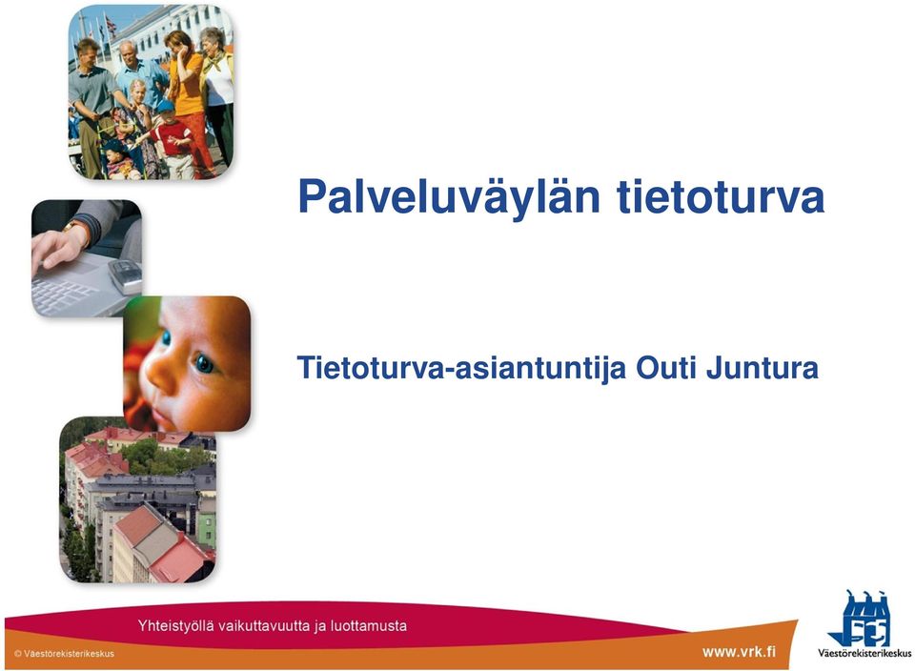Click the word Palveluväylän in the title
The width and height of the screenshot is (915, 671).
449,197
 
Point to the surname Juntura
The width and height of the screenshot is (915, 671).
762,368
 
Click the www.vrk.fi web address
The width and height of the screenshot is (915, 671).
739,651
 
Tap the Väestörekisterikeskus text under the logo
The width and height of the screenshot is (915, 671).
864,653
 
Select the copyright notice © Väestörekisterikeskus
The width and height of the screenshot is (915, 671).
64,654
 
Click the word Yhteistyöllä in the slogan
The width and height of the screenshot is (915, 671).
175,626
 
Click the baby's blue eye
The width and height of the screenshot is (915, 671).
204,363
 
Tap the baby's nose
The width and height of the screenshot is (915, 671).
159,374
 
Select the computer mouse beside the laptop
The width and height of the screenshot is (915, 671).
126,275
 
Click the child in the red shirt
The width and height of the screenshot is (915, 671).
173,140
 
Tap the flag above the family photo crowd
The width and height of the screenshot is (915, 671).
110,27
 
